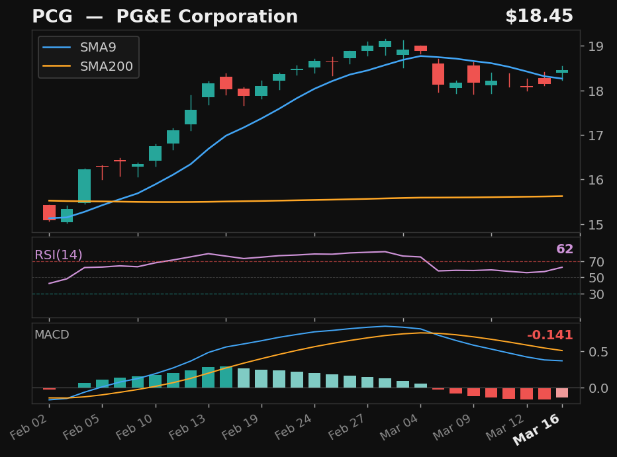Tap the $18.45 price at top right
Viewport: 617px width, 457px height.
[x=539, y=17]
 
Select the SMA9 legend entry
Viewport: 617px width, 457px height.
[x=99, y=48]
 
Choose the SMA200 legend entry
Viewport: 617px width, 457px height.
[x=106, y=67]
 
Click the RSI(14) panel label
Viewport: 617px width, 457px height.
[x=58, y=255]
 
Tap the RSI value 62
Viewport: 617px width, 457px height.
[x=565, y=249]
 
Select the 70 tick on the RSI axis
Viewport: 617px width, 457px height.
[x=594, y=262]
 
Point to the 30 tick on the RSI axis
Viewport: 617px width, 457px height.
[x=594, y=294]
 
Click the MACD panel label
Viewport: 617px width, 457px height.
[x=52, y=335]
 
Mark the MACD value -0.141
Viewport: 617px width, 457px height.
[x=549, y=335]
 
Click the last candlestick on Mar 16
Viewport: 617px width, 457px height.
[x=562, y=71]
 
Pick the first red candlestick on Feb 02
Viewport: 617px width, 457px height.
[x=50, y=212]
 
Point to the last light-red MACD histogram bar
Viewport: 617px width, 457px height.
[x=562, y=393]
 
